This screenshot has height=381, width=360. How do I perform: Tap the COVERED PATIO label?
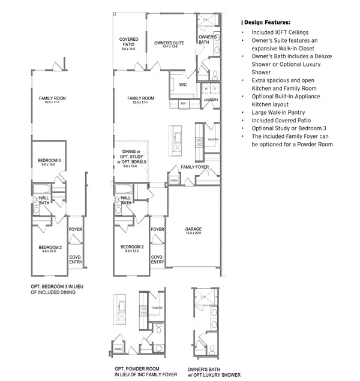(129, 42)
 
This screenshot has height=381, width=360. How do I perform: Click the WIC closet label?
(183, 85)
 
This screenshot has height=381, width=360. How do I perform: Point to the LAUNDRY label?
(211, 100)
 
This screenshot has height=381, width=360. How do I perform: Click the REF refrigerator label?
(184, 104)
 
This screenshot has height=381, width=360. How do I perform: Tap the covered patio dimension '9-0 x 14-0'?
(129, 49)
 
